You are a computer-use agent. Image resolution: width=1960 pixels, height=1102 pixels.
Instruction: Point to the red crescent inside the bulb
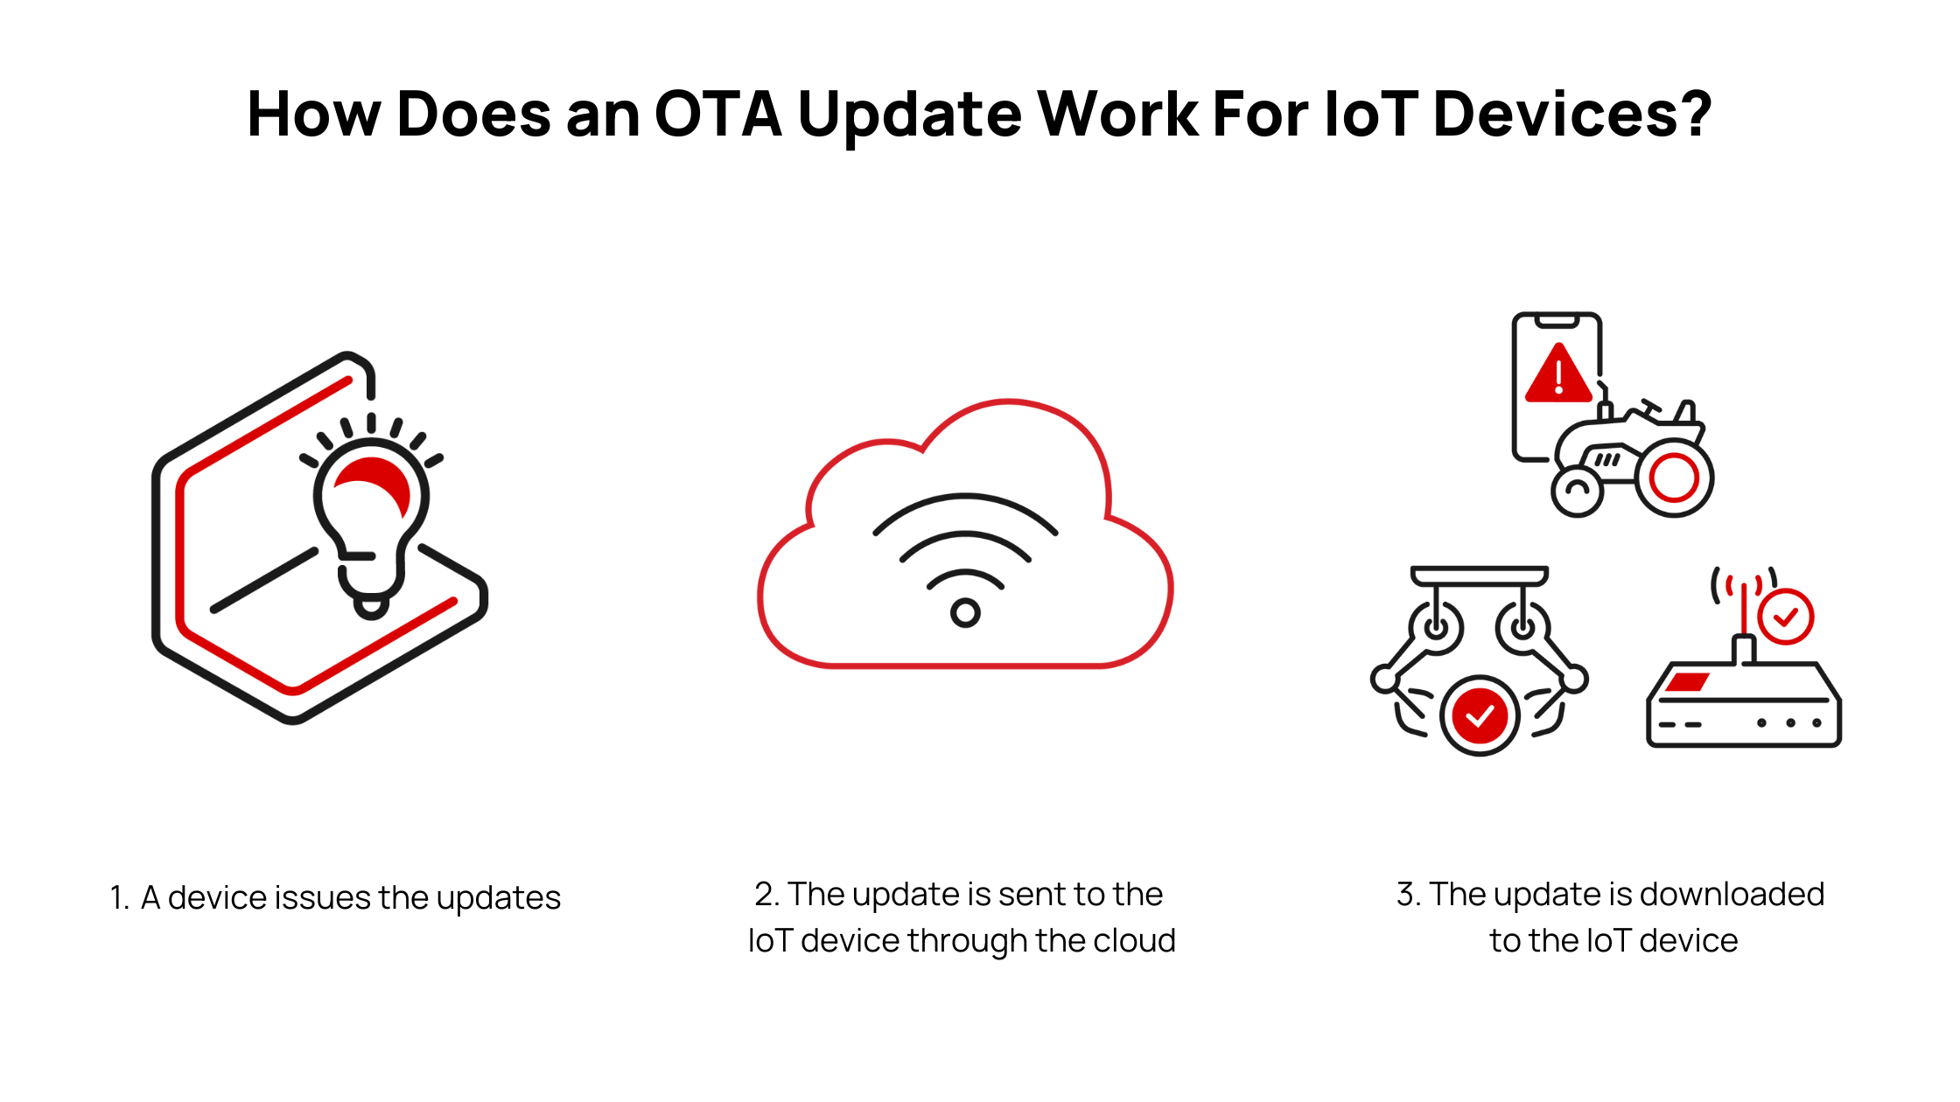click(376, 479)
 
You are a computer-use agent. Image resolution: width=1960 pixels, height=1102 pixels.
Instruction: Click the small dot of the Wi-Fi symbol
click(965, 612)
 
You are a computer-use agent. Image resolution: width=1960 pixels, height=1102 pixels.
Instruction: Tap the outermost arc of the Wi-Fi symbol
click(965, 499)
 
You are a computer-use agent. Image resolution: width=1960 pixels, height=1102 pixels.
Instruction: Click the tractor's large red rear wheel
click(1674, 478)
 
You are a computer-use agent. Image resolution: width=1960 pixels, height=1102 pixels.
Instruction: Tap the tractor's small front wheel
click(1577, 492)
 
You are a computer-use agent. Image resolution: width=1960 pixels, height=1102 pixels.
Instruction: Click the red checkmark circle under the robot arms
click(1480, 716)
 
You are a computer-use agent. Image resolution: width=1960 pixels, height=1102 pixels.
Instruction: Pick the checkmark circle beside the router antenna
click(1785, 617)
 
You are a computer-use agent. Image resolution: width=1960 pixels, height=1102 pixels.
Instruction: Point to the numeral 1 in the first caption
click(118, 898)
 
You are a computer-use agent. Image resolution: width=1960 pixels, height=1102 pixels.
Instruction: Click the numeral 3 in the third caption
click(1406, 895)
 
